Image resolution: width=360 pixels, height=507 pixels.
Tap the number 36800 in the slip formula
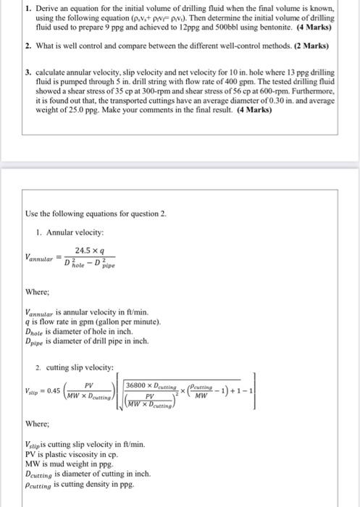click(138, 386)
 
